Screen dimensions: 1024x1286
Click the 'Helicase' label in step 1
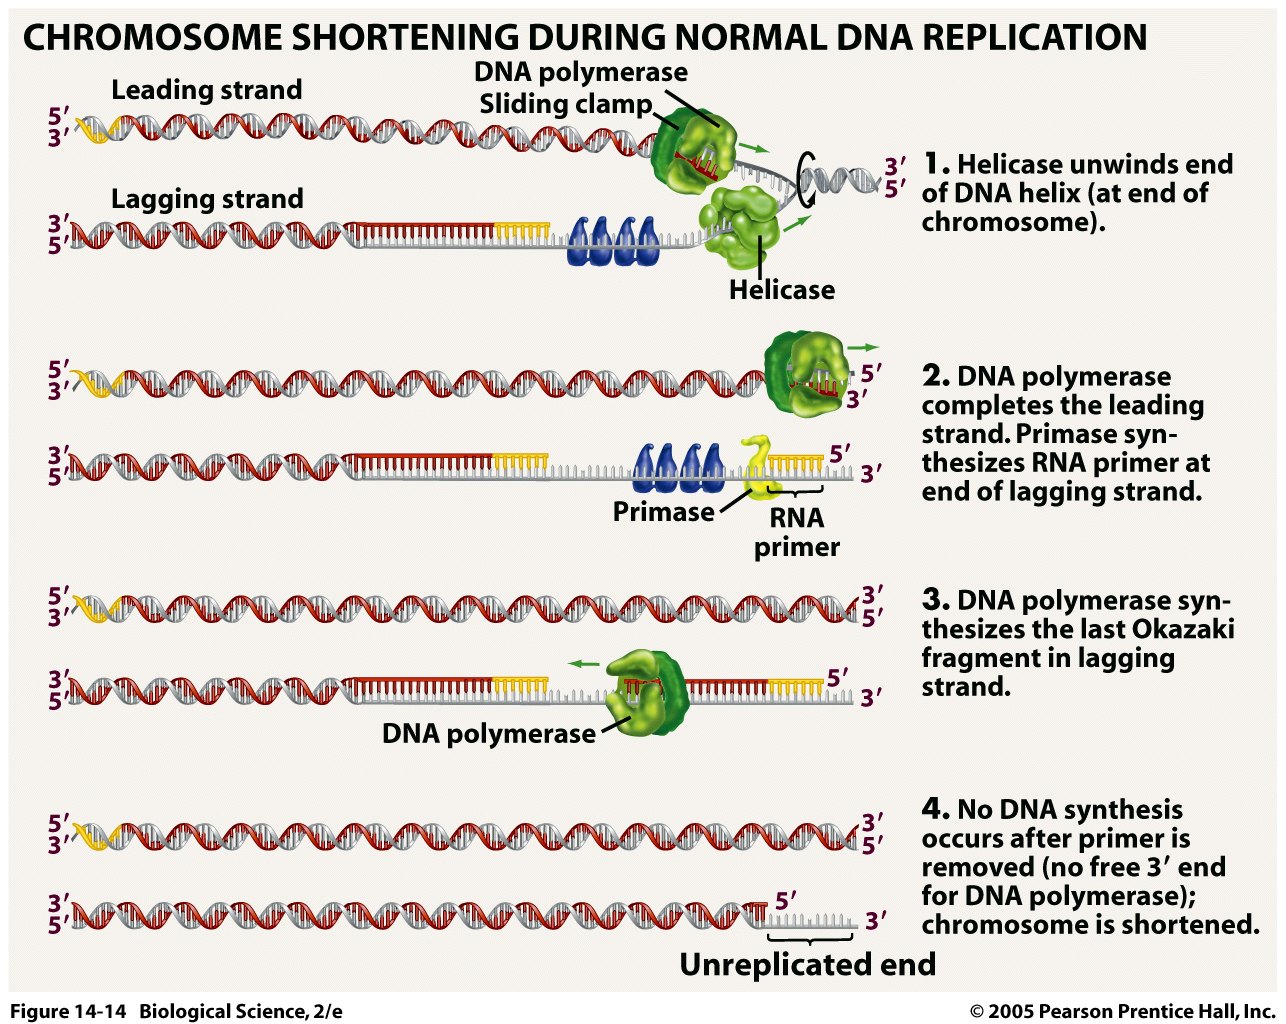pos(781,290)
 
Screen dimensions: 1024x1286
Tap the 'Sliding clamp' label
pos(565,104)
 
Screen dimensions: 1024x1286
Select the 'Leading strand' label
pos(206,90)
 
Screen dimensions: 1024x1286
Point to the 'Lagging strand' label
pos(206,199)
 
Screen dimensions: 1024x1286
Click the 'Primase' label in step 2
pos(662,512)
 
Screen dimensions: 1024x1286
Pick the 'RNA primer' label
pos(796,532)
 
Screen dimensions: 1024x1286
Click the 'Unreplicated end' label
pos(807,965)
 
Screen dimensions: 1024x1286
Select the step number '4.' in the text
pos(935,808)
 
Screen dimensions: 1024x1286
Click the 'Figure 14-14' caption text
pos(68,1011)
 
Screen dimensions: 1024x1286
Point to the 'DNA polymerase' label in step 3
pos(488,734)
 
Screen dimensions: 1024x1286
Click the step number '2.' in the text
pos(935,376)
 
